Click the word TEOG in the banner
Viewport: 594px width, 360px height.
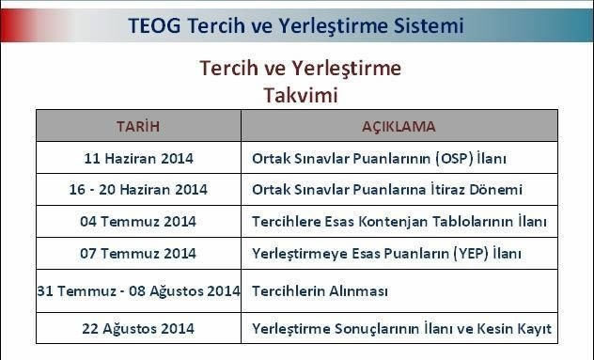point(155,25)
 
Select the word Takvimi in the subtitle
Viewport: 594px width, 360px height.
point(300,95)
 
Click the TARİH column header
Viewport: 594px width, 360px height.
point(138,126)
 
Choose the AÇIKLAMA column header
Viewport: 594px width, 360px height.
point(399,126)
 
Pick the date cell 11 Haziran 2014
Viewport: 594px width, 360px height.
point(138,157)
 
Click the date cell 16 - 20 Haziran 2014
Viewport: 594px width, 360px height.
point(138,190)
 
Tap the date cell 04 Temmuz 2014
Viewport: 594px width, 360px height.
point(138,222)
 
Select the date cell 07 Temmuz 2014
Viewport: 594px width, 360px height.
point(138,254)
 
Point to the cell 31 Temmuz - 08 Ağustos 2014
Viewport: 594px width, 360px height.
point(138,291)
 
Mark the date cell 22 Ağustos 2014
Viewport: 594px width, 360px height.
point(138,328)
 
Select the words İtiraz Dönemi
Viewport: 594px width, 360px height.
point(477,190)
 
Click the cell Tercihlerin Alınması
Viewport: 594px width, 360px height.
point(320,291)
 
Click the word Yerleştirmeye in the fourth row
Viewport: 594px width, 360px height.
point(297,254)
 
